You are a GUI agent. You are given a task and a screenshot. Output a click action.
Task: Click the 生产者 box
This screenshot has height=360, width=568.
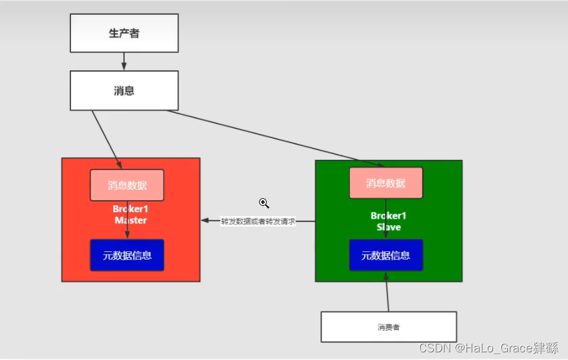124,33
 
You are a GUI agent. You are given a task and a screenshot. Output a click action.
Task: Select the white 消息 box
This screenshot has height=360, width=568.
124,90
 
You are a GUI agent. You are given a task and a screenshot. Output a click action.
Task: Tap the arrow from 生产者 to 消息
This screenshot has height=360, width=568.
124,61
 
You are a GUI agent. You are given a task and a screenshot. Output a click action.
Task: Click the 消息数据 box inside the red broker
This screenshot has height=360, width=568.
127,185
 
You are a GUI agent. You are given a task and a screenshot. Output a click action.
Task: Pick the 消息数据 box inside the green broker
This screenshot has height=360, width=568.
386,183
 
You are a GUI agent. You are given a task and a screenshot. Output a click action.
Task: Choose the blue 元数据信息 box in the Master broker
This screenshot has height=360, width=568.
127,255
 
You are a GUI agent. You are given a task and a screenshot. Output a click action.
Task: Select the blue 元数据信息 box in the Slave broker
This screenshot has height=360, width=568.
386,255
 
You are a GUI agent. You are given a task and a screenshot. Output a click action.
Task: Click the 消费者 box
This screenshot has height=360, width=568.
388,327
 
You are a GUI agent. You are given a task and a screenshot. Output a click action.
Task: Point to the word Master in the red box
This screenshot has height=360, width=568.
130,221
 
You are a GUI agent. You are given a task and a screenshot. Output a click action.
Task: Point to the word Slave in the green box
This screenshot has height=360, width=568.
388,227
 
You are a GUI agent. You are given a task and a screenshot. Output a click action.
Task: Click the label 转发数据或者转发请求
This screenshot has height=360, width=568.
258,221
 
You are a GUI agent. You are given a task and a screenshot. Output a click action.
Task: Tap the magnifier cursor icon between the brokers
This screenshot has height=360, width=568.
264,203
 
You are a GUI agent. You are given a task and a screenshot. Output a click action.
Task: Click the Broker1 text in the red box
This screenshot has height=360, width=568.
130,209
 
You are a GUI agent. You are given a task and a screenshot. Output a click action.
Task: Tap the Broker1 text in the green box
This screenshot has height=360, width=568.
388,215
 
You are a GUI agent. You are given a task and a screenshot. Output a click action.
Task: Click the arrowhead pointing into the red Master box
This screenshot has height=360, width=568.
205,221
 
